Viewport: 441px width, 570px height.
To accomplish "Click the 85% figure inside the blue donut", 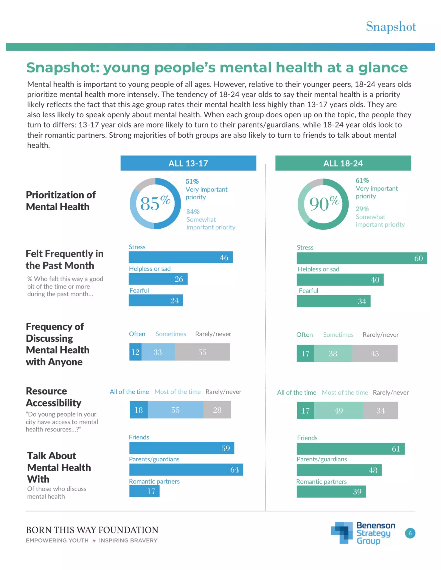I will click(155, 203).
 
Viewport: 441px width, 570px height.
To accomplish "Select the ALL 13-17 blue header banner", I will click(188, 163).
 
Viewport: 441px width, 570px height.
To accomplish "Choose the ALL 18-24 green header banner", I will click(343, 163).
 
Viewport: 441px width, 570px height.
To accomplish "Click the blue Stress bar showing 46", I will click(180, 257).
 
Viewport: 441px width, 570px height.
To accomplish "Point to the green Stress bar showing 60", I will click(362, 258).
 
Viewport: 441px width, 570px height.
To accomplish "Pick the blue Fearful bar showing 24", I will click(155, 300).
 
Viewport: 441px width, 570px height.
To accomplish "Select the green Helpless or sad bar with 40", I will click(340, 280).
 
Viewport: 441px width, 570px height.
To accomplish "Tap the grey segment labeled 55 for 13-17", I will click(202, 352).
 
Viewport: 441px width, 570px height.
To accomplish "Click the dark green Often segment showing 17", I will click(305, 353).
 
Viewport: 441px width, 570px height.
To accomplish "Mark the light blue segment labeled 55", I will click(175, 410).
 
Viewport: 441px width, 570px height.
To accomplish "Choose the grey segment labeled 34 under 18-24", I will click(380, 411).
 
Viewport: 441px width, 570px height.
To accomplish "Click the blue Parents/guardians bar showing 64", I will click(186, 470).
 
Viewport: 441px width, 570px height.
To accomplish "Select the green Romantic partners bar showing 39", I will click(331, 492).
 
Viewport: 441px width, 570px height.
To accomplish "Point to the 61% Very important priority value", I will click(362, 180).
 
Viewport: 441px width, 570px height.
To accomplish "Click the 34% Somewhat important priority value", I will click(193, 211).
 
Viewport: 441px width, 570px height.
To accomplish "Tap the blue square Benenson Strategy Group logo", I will click(341, 533).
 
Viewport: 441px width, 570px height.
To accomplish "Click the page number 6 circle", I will click(410, 533).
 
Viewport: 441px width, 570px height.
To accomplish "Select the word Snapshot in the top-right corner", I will click(391, 27).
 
